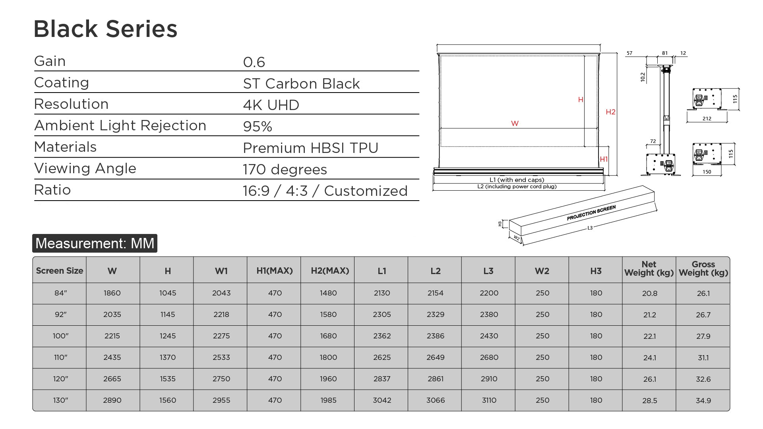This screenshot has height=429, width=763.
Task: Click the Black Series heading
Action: pyautogui.click(x=105, y=29)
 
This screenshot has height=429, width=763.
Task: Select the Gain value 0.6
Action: pyautogui.click(x=254, y=62)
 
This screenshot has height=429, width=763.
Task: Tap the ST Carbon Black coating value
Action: pyautogui.click(x=301, y=83)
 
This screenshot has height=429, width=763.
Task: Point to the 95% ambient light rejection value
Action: pyautogui.click(x=258, y=126)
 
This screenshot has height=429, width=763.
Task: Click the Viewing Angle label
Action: pyautogui.click(x=85, y=168)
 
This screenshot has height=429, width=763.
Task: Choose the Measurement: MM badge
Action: pyautogui.click(x=95, y=243)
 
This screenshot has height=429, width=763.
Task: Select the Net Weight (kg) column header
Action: pyautogui.click(x=649, y=269)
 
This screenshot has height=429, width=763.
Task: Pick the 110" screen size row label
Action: pyautogui.click(x=61, y=357)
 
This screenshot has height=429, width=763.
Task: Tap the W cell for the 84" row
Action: pyautogui.click(x=112, y=293)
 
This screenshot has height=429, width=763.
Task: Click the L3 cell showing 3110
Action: pyautogui.click(x=489, y=400)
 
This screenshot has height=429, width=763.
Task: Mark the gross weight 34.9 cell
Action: pyautogui.click(x=703, y=400)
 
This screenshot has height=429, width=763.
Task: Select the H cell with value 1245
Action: pyautogui.click(x=168, y=336)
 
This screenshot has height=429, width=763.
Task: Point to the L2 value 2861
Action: pyautogui.click(x=436, y=379)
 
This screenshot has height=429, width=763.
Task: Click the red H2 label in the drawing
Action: pyautogui.click(x=610, y=112)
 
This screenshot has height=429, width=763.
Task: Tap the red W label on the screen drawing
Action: pyautogui.click(x=515, y=124)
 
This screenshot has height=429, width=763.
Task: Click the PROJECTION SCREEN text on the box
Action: pyautogui.click(x=591, y=213)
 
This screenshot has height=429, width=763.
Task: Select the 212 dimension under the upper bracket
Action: pyautogui.click(x=707, y=118)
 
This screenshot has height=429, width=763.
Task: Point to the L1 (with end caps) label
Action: pyautogui.click(x=517, y=180)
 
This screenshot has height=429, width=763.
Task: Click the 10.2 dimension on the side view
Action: pyautogui.click(x=643, y=77)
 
